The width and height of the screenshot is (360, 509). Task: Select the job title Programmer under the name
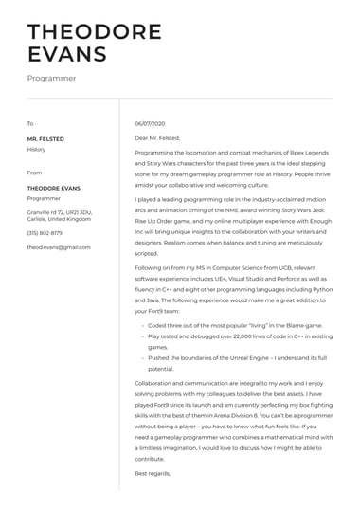51,79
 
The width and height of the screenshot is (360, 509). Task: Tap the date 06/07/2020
150,124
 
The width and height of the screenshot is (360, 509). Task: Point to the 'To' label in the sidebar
30,124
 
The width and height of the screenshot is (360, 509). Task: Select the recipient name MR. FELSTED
45,139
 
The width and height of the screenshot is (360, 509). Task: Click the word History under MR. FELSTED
36,149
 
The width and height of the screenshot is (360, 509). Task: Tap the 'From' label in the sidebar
34,173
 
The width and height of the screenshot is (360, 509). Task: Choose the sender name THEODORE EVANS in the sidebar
51,189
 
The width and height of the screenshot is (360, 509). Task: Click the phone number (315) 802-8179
45,232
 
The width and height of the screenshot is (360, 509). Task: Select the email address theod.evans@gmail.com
59,246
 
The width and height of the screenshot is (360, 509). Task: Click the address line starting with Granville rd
59,212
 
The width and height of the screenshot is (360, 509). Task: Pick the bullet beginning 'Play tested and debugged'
218,336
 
